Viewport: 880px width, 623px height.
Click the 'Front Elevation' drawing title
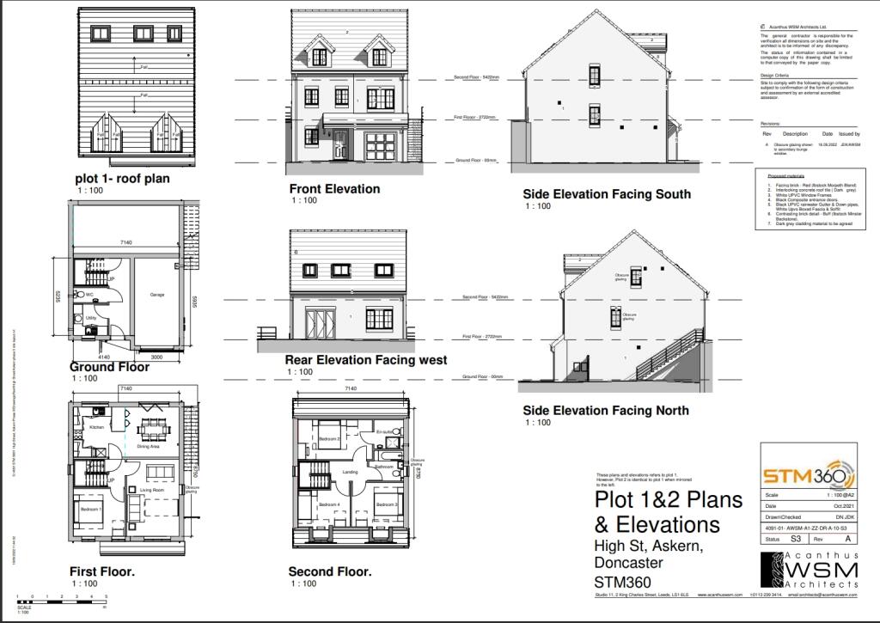[x=334, y=189]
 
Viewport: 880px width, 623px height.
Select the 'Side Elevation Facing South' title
[x=607, y=194]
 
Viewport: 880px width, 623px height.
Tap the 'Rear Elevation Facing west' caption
[x=366, y=360]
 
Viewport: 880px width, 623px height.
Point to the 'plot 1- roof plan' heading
[x=121, y=179]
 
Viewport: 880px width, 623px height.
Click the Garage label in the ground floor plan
[x=157, y=294]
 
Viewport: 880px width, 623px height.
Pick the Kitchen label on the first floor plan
[x=96, y=426]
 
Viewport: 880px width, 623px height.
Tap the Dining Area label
[x=149, y=447]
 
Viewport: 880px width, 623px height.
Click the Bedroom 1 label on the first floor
[x=91, y=510]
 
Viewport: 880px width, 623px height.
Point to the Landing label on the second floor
[x=350, y=471]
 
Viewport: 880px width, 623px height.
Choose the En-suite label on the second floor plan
[x=384, y=431]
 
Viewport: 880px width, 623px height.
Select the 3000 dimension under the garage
[x=157, y=357]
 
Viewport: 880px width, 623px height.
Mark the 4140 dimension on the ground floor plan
[x=104, y=357]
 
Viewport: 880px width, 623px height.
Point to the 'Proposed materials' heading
[x=783, y=175]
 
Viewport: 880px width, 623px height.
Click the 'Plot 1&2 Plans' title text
[x=657, y=500]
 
